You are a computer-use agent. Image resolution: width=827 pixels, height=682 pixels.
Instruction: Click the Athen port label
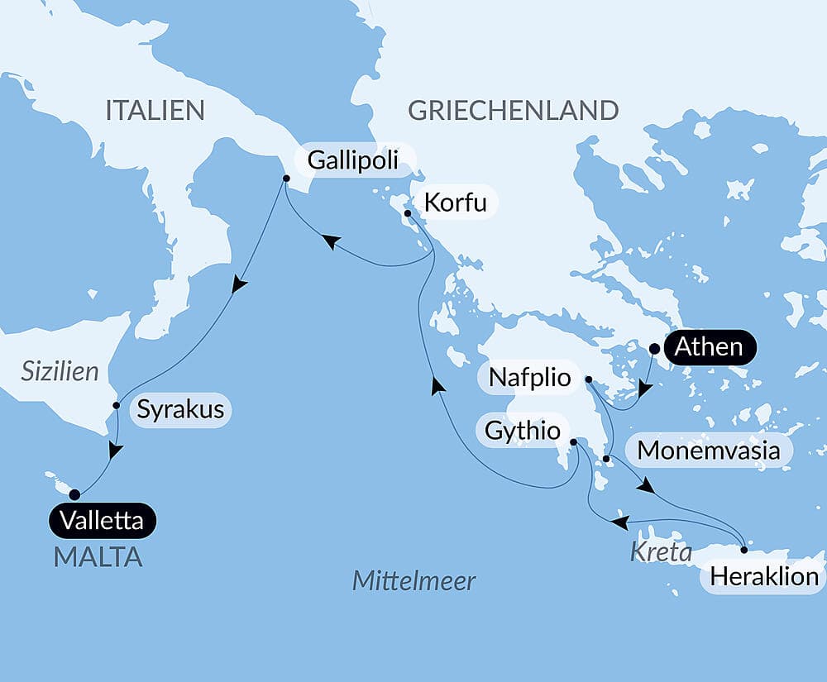click(x=708, y=347)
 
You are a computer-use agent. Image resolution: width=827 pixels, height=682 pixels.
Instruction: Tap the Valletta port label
click(x=103, y=521)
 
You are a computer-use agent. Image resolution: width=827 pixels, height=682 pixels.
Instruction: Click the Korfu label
click(x=454, y=203)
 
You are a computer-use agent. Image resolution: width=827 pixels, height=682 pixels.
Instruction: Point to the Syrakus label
click(x=180, y=409)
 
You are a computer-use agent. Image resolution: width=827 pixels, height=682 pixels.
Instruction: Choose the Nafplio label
click(x=529, y=379)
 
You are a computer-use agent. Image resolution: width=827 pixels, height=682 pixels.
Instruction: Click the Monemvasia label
click(x=709, y=451)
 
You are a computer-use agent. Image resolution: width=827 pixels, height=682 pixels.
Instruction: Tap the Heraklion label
click(x=765, y=576)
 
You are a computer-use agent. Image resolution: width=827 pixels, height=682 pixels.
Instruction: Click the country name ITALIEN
click(x=155, y=110)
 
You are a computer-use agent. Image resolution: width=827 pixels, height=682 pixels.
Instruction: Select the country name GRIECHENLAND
click(x=513, y=110)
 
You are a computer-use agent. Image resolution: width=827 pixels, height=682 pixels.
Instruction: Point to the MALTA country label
click(x=98, y=557)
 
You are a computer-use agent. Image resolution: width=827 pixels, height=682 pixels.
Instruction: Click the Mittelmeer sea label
click(x=413, y=581)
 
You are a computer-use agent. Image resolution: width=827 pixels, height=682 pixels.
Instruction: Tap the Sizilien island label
click(x=60, y=372)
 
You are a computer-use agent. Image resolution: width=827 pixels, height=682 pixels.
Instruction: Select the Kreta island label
click(x=661, y=552)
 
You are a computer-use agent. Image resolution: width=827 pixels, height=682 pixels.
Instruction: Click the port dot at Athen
click(x=654, y=349)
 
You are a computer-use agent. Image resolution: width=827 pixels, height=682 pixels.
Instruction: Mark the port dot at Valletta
click(x=74, y=494)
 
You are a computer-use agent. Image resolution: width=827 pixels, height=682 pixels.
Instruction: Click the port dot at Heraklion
click(x=743, y=550)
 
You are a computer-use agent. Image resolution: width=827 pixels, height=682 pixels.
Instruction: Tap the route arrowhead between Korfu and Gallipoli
click(x=331, y=241)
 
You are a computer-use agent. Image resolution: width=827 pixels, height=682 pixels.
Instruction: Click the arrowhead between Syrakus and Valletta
click(x=116, y=451)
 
